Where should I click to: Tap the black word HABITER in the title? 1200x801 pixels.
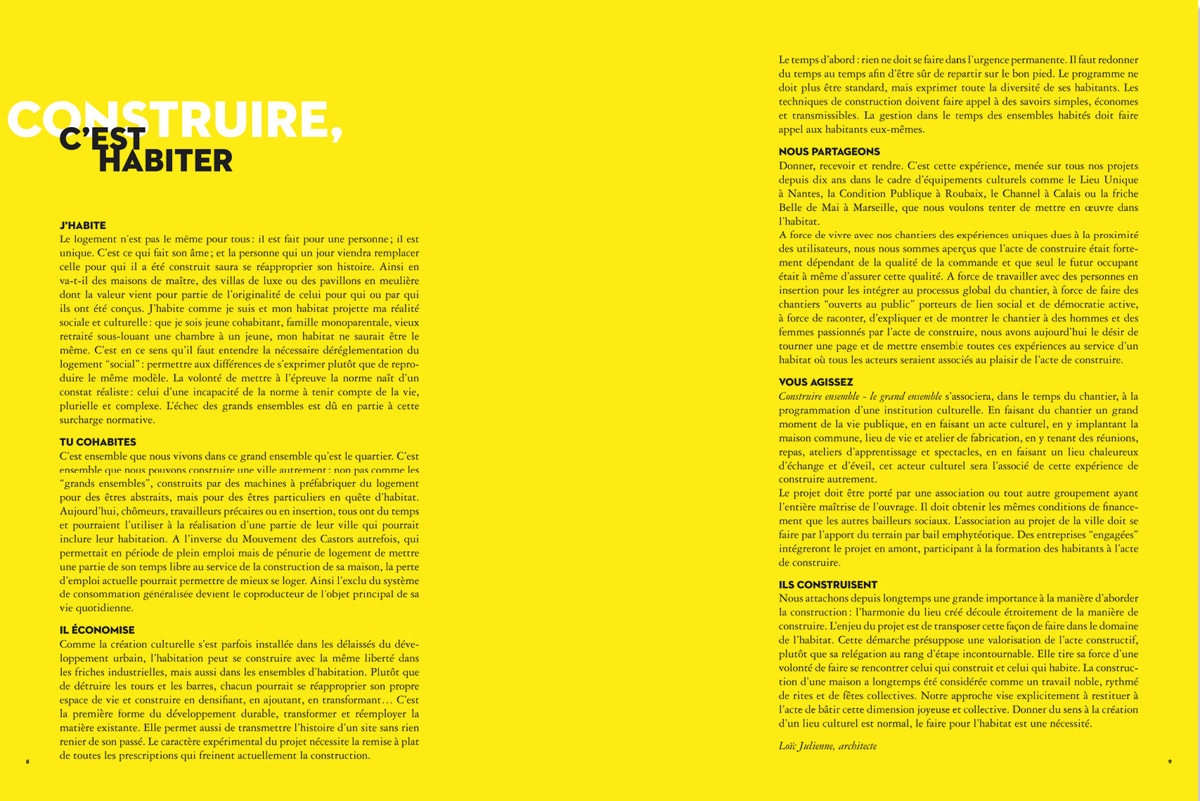(166, 161)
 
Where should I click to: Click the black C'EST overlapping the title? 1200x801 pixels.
(102, 139)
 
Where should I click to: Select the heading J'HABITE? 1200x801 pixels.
(83, 226)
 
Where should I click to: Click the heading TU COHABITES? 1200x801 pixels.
(98, 442)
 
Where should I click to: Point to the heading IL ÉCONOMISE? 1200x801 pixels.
(97, 630)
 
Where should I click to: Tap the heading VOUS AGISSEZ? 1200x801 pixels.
(815, 382)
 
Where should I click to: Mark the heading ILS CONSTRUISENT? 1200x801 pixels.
(827, 585)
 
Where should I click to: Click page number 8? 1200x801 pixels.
(28, 762)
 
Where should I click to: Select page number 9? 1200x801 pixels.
(1170, 762)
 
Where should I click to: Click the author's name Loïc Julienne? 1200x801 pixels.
(806, 745)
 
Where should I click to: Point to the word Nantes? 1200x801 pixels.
(804, 194)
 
